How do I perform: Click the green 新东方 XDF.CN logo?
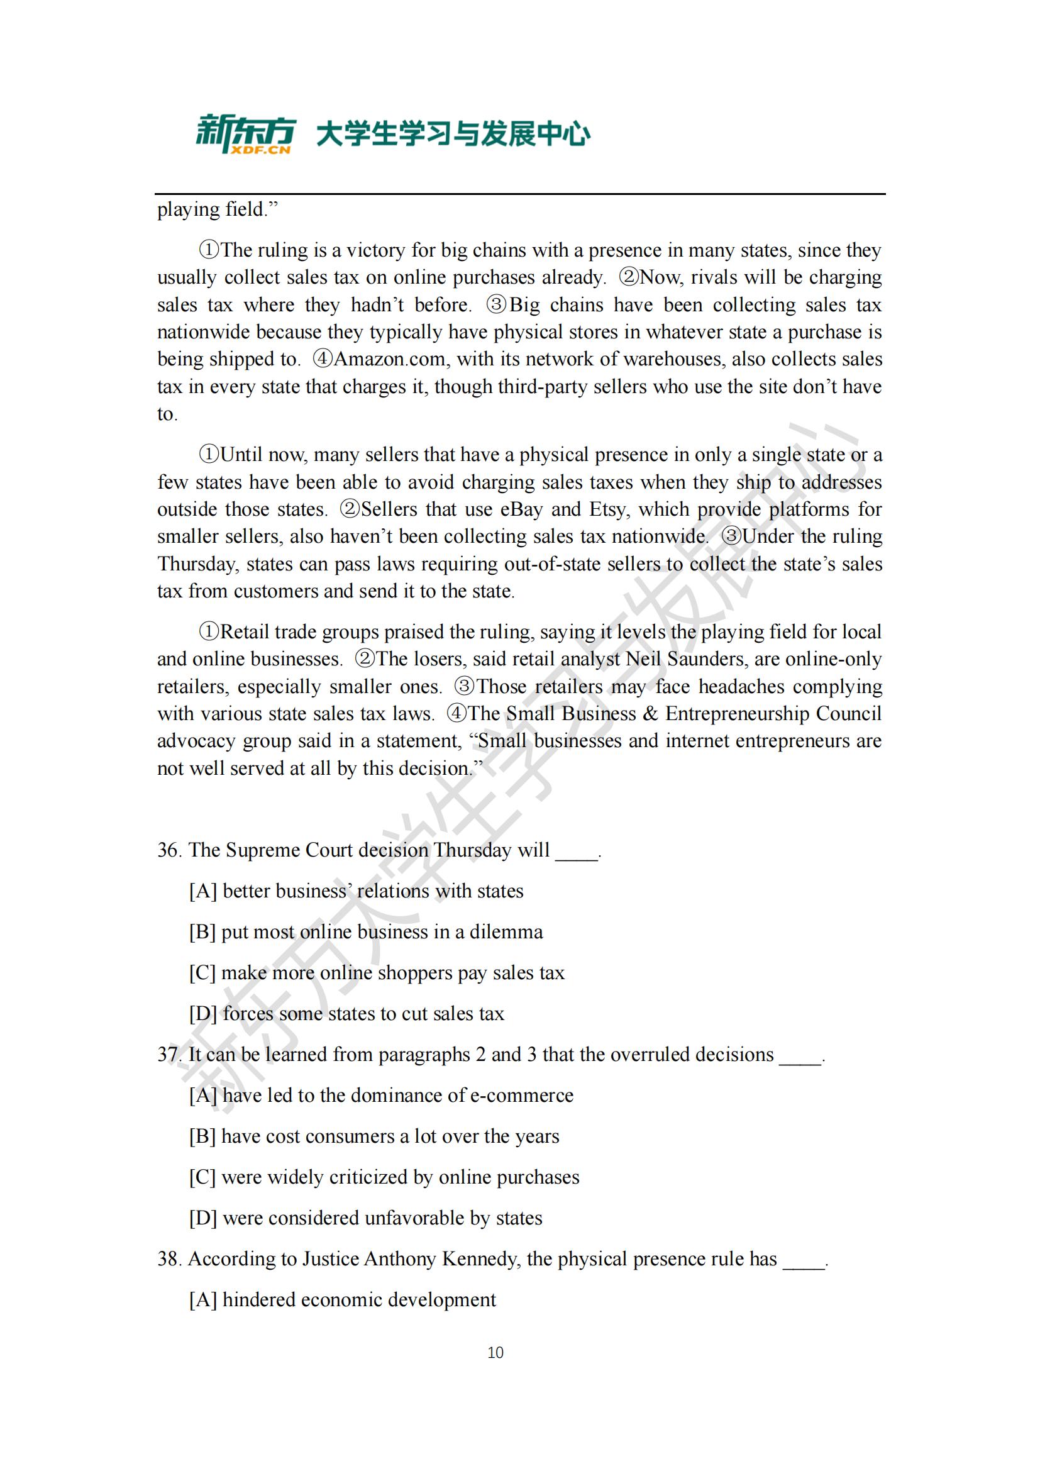(x=245, y=134)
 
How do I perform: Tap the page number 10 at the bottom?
(x=495, y=1353)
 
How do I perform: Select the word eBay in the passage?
(x=521, y=509)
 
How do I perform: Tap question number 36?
(x=169, y=850)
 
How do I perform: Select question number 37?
(x=169, y=1055)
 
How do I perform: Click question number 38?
(x=169, y=1259)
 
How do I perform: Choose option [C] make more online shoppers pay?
(x=377, y=972)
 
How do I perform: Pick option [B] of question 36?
(x=366, y=931)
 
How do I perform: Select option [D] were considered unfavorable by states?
(x=366, y=1218)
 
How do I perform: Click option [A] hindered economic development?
(x=343, y=1300)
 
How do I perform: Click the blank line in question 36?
(x=577, y=852)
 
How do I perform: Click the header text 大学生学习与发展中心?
(x=453, y=135)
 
